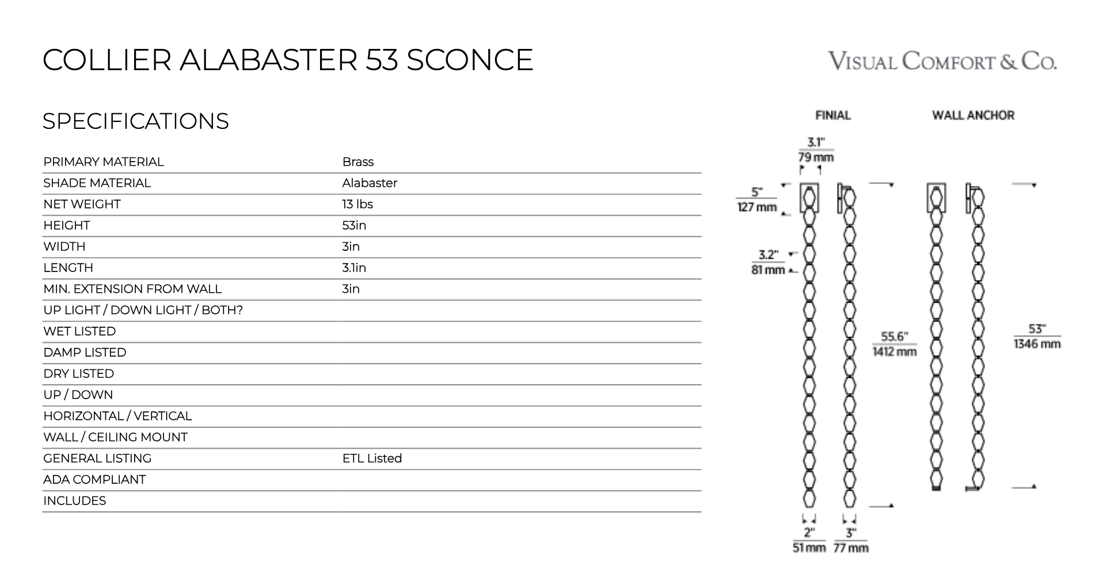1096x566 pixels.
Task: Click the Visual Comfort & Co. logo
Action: tap(942, 61)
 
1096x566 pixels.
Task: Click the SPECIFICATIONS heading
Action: tap(136, 121)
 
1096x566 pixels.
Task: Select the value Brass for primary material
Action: tap(357, 162)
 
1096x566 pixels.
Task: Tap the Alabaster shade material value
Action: tap(370, 183)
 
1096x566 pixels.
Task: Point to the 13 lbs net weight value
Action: tap(357, 205)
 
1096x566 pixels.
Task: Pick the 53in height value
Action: tap(354, 225)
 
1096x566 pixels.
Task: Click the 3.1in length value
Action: tap(354, 268)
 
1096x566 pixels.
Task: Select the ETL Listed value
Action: tap(372, 459)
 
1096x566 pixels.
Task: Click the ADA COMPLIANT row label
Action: tap(94, 480)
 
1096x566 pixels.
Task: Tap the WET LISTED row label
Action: tap(79, 332)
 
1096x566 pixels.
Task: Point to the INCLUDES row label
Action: tap(75, 501)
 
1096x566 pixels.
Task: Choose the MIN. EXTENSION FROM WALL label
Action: tap(132, 289)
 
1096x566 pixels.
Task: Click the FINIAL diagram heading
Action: tap(833, 116)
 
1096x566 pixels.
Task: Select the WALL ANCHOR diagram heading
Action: tap(973, 116)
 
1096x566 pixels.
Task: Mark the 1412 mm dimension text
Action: tap(895, 351)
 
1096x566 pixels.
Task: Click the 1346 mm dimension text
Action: tap(1037, 344)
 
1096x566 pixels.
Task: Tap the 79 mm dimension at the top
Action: tap(816, 157)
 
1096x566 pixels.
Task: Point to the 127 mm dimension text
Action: tap(757, 207)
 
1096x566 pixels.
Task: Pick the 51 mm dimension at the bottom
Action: tap(809, 548)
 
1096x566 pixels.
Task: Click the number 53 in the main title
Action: tap(382, 60)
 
